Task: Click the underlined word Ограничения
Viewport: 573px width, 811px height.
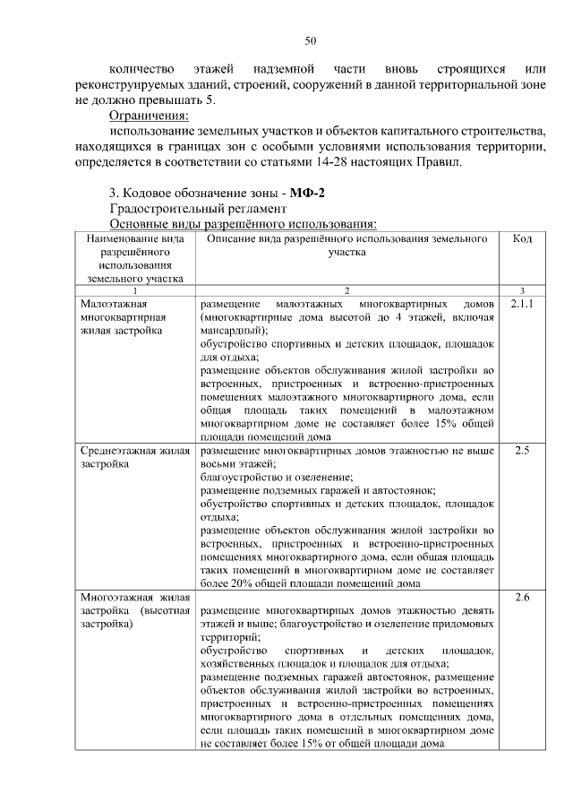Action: pyautogui.click(x=149, y=116)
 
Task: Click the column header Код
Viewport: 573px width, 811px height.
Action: pyautogui.click(x=523, y=239)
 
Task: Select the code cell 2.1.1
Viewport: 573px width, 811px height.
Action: pyautogui.click(x=522, y=305)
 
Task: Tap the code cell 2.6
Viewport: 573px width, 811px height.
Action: pyautogui.click(x=523, y=597)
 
